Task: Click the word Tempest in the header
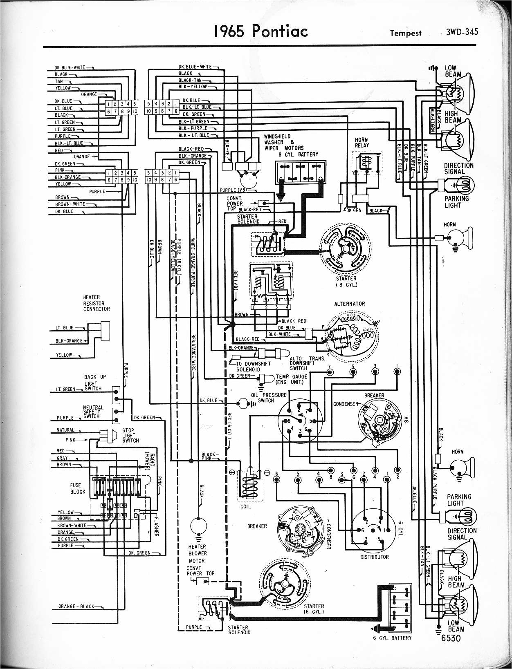click(x=406, y=33)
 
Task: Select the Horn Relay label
click(x=362, y=142)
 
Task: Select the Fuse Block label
click(x=78, y=488)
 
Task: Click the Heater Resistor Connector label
click(x=97, y=303)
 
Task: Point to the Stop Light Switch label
click(x=130, y=436)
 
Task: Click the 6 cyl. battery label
click(x=392, y=638)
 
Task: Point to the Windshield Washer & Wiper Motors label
click(x=283, y=142)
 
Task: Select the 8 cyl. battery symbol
click(x=301, y=172)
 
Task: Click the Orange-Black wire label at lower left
click(x=76, y=606)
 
